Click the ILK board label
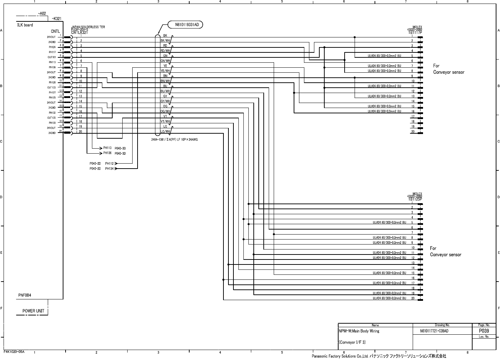pyautogui.click(x=25, y=25)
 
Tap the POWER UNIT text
pyautogui.click(x=33, y=311)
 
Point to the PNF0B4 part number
pyautogui.click(x=25, y=295)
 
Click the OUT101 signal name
pyautogui.click(x=52, y=57)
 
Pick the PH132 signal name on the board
pyautogui.click(x=52, y=113)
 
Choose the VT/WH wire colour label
pyautogui.click(x=165, y=121)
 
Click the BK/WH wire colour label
pyautogui.click(x=165, y=41)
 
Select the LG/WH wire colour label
pyautogui.click(x=165, y=132)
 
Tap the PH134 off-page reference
pyautogui.click(x=109, y=169)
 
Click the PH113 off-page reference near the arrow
pyautogui.click(x=107, y=148)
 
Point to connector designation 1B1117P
pyautogui.click(x=415, y=32)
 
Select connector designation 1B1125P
pyautogui.click(x=415, y=200)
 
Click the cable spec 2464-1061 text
pyautogui.click(x=175, y=139)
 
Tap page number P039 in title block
pyautogui.click(x=484, y=331)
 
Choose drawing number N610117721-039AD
pyautogui.click(x=434, y=331)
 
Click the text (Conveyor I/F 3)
pyautogui.click(x=352, y=342)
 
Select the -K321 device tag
pyautogui.click(x=56, y=18)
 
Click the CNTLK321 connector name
pyautogui.click(x=79, y=32)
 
